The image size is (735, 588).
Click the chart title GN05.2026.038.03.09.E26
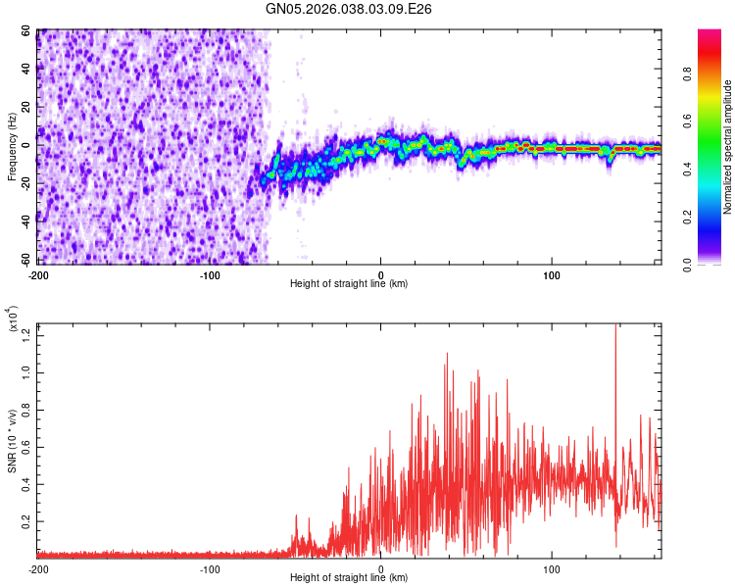tap(349, 9)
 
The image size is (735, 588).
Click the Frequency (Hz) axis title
tap(12, 147)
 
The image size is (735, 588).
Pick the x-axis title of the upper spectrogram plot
tap(349, 285)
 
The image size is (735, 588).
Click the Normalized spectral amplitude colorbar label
tap(728, 147)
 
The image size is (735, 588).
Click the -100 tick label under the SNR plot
tap(210, 568)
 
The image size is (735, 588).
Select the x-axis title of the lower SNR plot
tap(349, 578)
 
